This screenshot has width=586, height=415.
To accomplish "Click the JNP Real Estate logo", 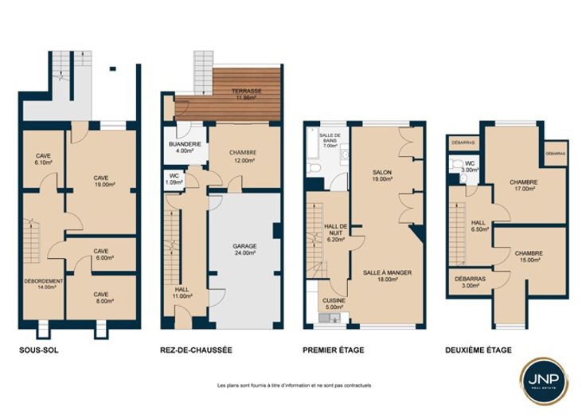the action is pyautogui.click(x=544, y=381).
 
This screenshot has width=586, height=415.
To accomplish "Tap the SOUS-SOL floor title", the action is pyautogui.click(x=39, y=350).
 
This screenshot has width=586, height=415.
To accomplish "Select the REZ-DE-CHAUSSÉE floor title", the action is pyautogui.click(x=196, y=350).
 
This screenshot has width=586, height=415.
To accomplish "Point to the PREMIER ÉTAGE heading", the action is pyautogui.click(x=334, y=350).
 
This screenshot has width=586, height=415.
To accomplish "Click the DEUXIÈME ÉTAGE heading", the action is pyautogui.click(x=479, y=350).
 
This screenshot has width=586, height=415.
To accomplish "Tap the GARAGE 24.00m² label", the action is pyautogui.click(x=244, y=249).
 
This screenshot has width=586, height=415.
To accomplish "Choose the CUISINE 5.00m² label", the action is pyautogui.click(x=334, y=303).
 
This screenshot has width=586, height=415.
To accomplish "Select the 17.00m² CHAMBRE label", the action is pyautogui.click(x=524, y=186).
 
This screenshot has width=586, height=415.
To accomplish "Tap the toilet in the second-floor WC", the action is pyautogui.click(x=456, y=163).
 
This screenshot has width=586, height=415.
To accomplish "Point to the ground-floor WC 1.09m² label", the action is pyautogui.click(x=174, y=178).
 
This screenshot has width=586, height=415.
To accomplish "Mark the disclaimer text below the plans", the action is pyautogui.click(x=294, y=385).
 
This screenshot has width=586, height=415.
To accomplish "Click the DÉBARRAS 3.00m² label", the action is pyautogui.click(x=470, y=282).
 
